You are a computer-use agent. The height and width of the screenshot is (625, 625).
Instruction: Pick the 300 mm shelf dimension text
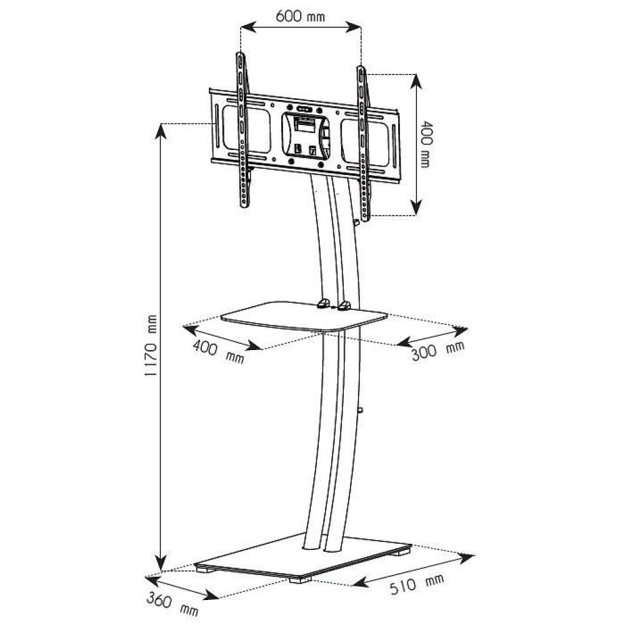[438, 352]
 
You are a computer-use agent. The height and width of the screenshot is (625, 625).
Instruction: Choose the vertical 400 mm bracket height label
[426, 144]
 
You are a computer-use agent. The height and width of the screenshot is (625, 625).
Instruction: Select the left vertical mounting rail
[242, 131]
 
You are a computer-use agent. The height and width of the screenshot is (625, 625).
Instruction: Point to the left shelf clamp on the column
[322, 304]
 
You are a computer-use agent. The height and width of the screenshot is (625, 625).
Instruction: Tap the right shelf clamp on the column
[344, 306]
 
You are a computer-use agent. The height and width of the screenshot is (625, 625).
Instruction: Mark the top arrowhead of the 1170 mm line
[161, 128]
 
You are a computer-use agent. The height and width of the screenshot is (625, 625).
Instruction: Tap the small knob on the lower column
[361, 410]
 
